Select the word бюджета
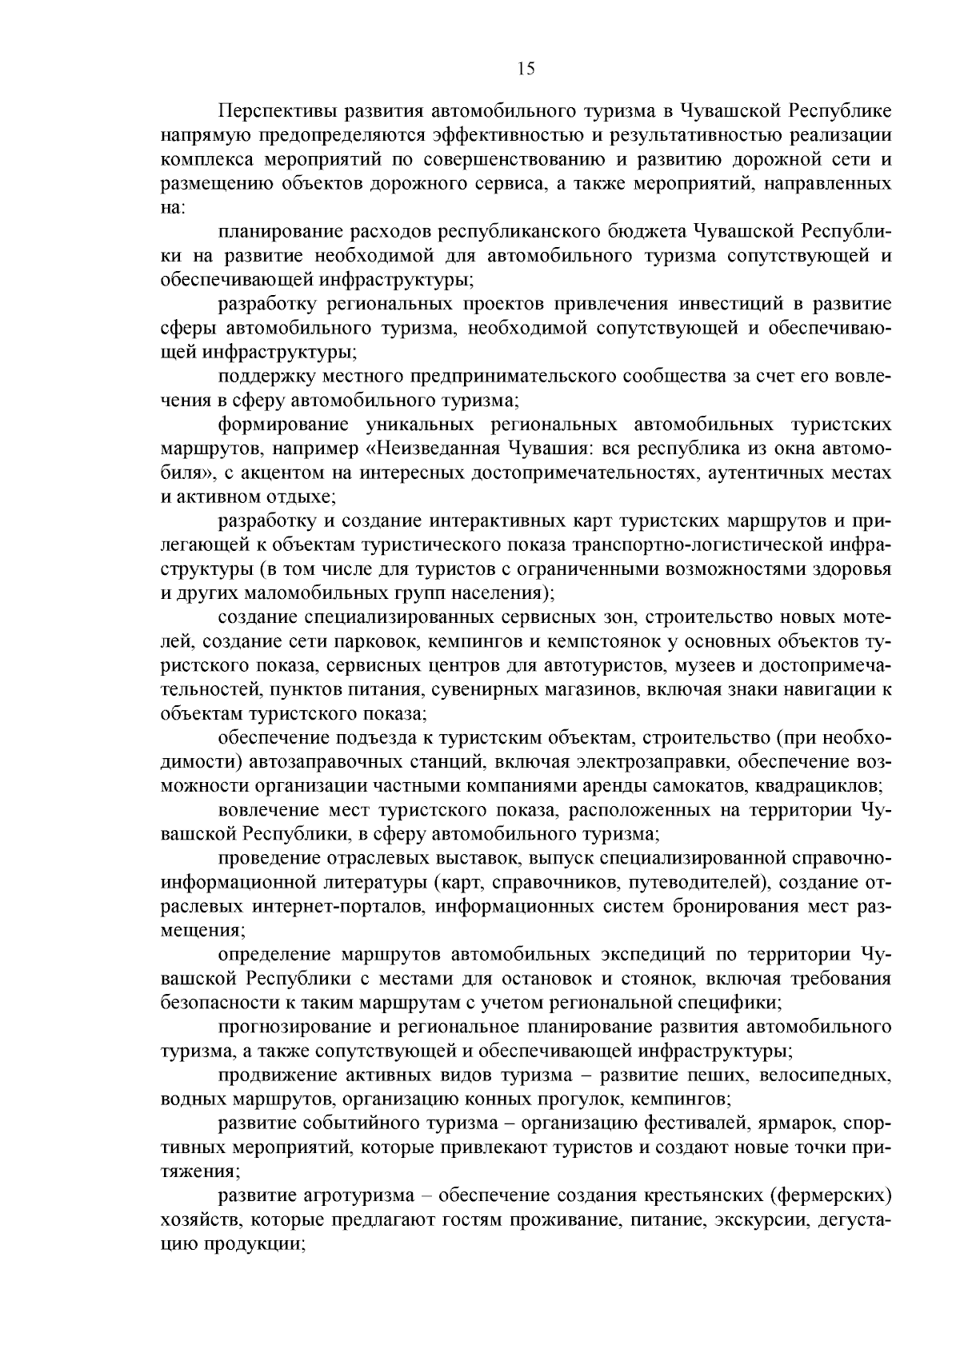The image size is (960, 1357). [x=646, y=231]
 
